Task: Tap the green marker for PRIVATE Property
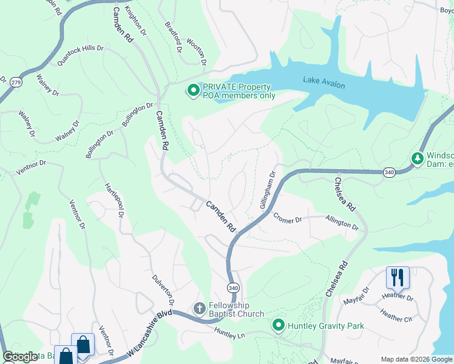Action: [x=193, y=91]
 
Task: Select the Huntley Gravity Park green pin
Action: [x=279, y=326]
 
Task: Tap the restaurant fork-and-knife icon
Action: [x=398, y=277]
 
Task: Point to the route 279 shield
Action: [x=16, y=82]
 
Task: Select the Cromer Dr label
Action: [x=287, y=217]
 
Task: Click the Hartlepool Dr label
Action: [x=114, y=200]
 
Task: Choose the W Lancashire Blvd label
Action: [x=150, y=334]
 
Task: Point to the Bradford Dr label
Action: [x=174, y=38]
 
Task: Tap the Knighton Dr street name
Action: [x=135, y=19]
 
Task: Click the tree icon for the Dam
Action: [x=417, y=158]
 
